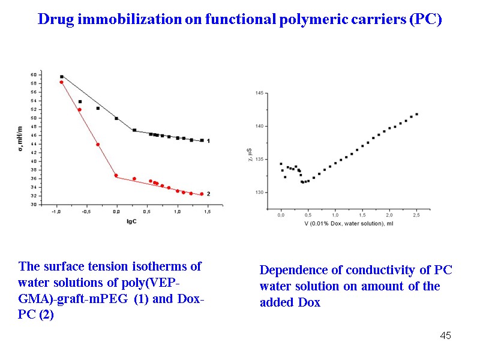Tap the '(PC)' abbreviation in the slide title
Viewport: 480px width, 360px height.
pyautogui.click(x=425, y=19)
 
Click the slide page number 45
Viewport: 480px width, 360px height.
pyautogui.click(x=445, y=335)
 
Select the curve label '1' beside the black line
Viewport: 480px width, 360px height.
pyautogui.click(x=208, y=140)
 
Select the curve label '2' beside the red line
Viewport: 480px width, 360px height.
pyautogui.click(x=208, y=194)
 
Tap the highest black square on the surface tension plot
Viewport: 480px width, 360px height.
pyautogui.click(x=62, y=77)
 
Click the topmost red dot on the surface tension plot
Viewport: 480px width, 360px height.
pyautogui.click(x=61, y=82)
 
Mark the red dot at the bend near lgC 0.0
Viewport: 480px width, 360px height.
pyautogui.click(x=116, y=176)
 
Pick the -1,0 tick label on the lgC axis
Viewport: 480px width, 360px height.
pyautogui.click(x=55, y=211)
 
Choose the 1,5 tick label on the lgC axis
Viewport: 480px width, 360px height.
pyautogui.click(x=208, y=211)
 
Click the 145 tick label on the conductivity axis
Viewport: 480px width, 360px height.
pyautogui.click(x=259, y=93)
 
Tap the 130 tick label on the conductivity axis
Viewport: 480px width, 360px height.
pyautogui.click(x=259, y=193)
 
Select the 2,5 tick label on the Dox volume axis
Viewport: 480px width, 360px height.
pyautogui.click(x=416, y=215)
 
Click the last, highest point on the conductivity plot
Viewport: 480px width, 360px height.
pyautogui.click(x=416, y=114)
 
